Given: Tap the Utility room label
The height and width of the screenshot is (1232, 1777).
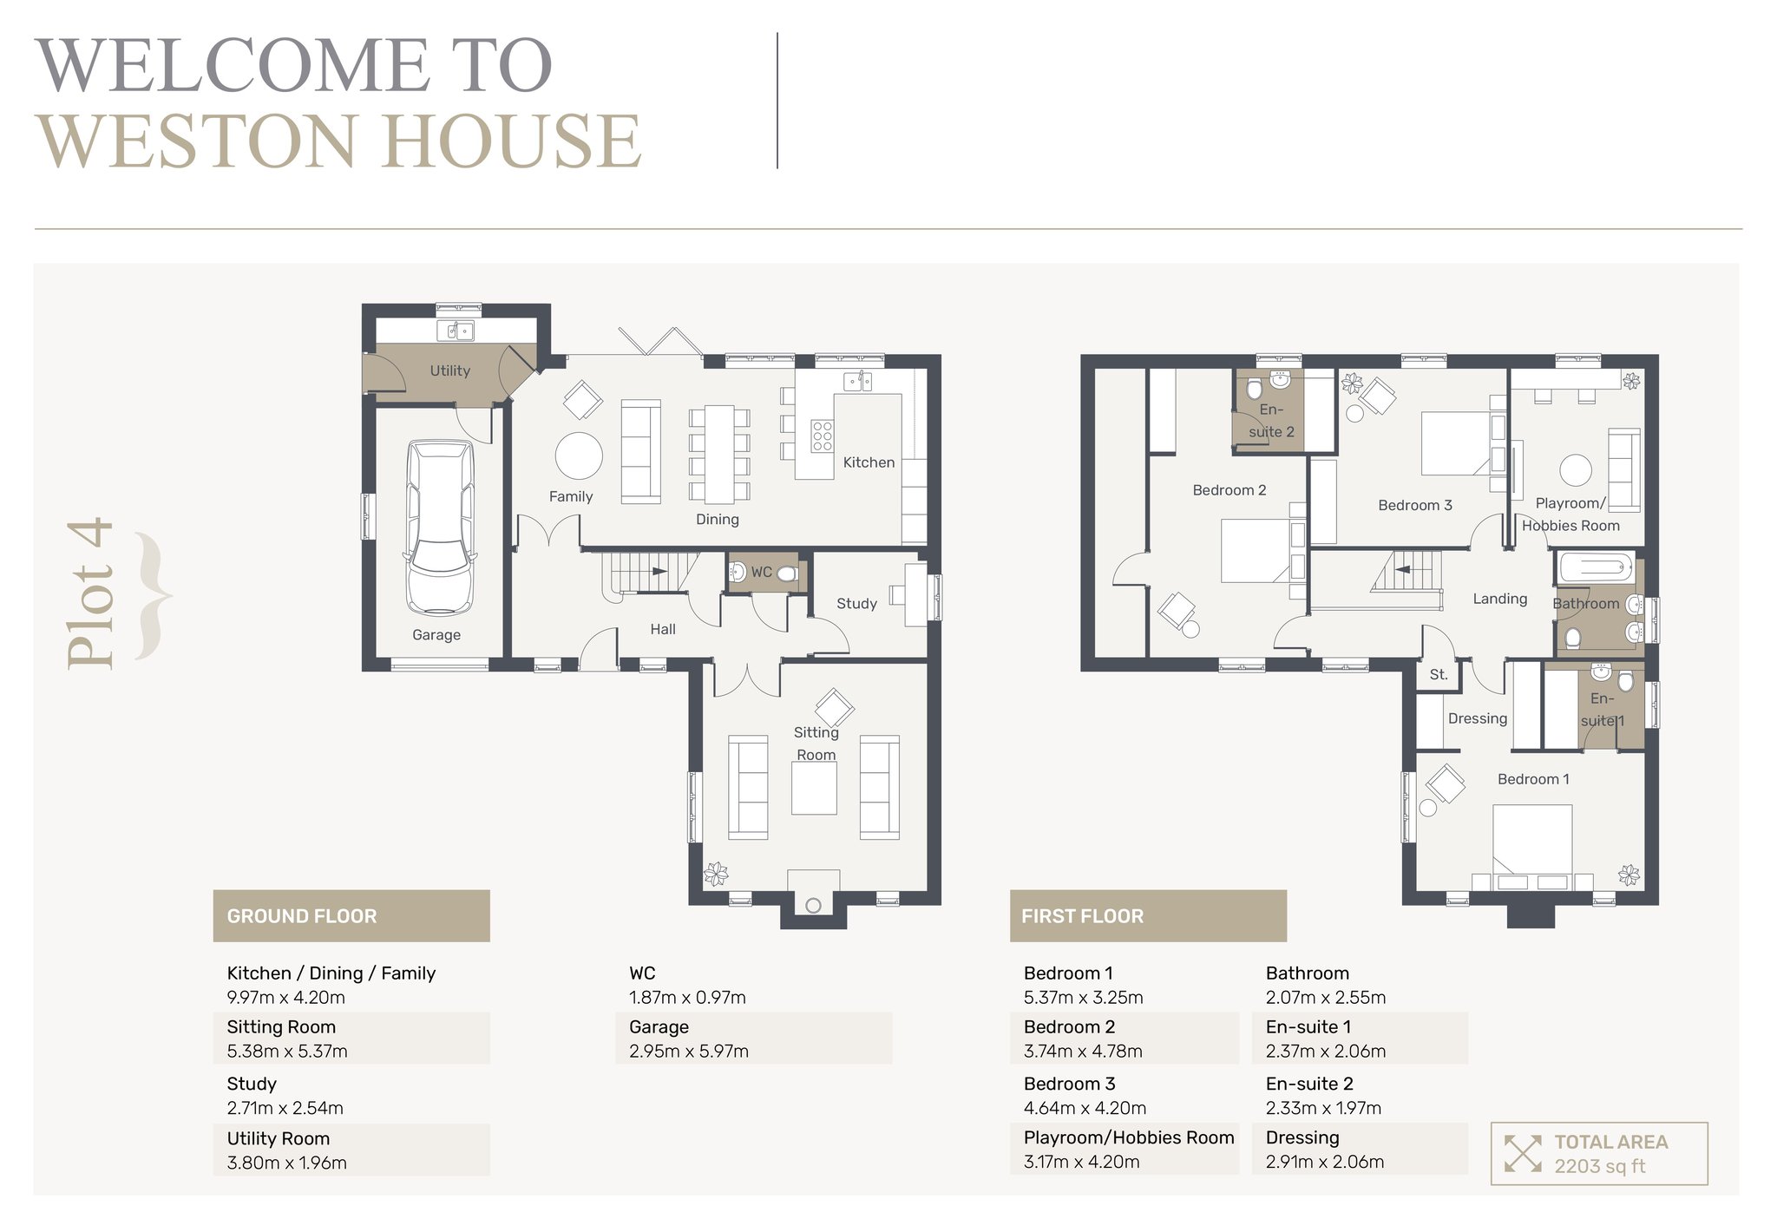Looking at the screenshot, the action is (450, 370).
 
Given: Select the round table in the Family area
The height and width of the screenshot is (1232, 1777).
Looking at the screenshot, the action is (579, 455).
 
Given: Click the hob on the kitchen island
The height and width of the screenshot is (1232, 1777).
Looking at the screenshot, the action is (822, 436).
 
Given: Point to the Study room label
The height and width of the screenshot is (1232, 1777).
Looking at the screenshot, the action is (856, 603).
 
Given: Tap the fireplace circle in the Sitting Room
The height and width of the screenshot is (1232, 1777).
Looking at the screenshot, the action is (813, 906).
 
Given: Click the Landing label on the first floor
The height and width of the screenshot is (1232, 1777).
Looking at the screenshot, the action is (1499, 599).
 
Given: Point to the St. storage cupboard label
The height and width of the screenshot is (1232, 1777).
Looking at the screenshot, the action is (1439, 674).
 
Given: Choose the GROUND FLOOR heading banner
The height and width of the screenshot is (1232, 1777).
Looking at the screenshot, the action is (351, 915).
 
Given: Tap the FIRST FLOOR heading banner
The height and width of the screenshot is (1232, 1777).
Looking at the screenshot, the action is (1148, 915).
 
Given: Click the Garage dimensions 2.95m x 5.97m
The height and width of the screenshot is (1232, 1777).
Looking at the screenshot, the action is (689, 1052).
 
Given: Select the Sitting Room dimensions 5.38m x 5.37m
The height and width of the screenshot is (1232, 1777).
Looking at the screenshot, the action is (287, 1052).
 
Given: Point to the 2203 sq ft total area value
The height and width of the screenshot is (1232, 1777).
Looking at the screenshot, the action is (1599, 1166).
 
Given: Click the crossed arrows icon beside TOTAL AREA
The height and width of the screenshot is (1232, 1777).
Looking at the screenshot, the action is (1523, 1153).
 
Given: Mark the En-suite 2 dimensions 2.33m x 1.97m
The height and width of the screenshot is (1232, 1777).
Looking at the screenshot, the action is (1323, 1108).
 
